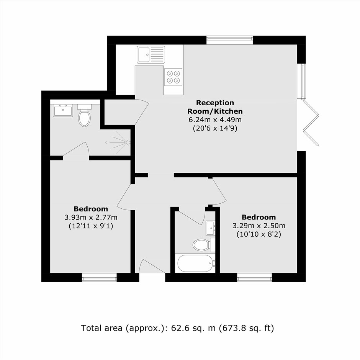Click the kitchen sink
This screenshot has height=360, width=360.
point(151,55)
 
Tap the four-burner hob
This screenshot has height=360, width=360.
point(173,77)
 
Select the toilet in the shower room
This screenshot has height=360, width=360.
point(85,115)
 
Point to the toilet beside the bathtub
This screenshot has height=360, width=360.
point(204,245)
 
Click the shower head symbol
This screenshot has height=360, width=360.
point(128,142)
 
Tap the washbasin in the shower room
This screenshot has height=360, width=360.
point(63,110)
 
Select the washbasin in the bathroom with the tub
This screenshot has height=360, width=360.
point(211,228)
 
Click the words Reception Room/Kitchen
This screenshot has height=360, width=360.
point(215,107)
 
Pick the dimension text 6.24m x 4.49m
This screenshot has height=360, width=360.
point(215,119)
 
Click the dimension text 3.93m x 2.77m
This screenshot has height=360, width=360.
point(91,217)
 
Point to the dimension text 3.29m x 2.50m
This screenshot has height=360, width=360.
point(259,226)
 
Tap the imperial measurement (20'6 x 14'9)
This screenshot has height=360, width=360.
point(215,128)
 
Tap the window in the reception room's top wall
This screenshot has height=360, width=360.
point(229,40)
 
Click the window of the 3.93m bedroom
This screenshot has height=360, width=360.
point(100,277)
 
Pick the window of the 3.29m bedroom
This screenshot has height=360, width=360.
point(254,277)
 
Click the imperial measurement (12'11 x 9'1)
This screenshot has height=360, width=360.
point(91,226)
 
